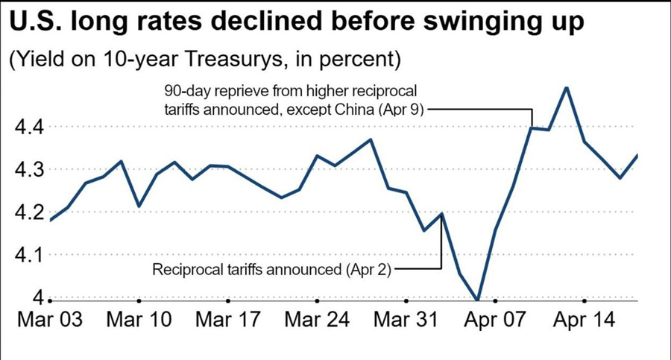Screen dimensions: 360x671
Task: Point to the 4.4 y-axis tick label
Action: [29, 127]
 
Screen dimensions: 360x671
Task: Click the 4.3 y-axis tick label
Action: [29, 170]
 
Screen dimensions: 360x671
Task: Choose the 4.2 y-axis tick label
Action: [29, 212]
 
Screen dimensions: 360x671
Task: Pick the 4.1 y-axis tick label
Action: [29, 256]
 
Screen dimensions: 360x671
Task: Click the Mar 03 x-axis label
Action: [49, 320]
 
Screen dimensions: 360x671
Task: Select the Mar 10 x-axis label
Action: [139, 320]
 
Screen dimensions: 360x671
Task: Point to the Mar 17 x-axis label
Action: [227, 320]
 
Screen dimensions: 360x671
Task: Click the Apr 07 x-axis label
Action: [494, 320]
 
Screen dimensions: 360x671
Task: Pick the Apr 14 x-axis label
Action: [583, 320]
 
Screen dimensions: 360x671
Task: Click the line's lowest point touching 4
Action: [477, 300]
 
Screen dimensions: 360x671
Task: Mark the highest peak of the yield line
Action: [567, 87]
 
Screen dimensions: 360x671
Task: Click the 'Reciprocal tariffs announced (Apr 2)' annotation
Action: [271, 269]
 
